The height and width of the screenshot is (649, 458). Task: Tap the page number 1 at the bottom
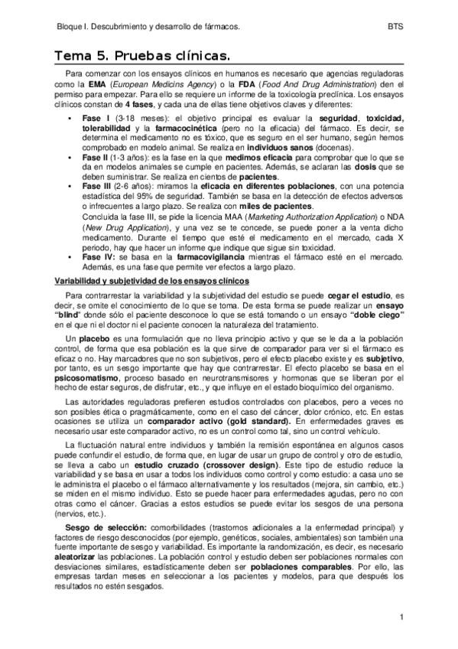401,617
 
